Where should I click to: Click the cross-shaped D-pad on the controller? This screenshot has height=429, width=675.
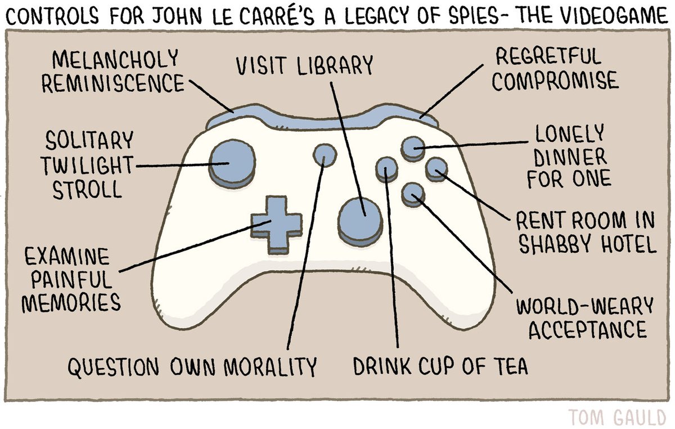276,222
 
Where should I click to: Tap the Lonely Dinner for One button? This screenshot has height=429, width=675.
412,148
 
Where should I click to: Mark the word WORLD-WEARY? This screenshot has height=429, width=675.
585,306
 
